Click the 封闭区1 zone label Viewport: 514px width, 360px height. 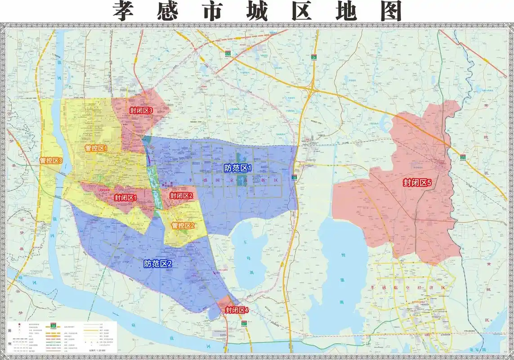point(125,198)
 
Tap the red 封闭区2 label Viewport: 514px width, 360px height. point(181,196)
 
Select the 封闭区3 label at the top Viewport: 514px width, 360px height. point(142,110)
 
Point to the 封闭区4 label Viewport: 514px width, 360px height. point(237,310)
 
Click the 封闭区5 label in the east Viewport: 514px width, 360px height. point(417,183)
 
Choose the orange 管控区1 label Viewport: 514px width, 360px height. point(96,148)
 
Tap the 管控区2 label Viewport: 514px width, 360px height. point(183,225)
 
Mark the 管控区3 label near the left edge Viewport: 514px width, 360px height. point(51,160)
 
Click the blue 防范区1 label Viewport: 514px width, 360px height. point(237,168)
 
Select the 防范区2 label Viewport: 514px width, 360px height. point(158,264)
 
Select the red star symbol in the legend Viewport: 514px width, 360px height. point(19,324)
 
